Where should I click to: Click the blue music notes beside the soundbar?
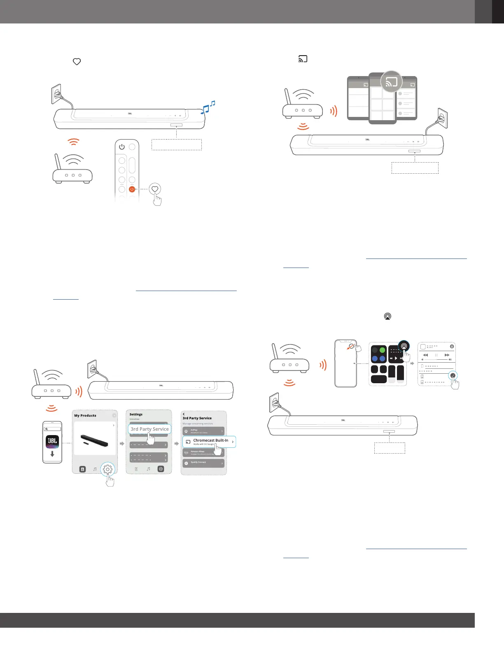point(208,107)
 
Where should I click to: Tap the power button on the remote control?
point(122,147)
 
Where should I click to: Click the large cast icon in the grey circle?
point(391,82)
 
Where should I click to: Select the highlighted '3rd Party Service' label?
point(149,429)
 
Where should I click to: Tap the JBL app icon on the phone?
point(52,442)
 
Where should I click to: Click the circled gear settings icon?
point(107,469)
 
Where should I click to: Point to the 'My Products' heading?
point(85,416)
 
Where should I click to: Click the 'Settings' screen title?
point(136,414)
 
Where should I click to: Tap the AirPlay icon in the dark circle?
point(404,346)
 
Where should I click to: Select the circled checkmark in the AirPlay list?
point(453,375)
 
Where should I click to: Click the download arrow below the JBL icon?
point(52,454)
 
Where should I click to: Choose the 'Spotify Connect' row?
point(203,463)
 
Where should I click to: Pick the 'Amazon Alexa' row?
point(203,452)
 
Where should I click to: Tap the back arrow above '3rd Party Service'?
point(184,414)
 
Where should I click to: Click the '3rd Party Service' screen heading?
point(197,418)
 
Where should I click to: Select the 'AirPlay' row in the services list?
point(203,431)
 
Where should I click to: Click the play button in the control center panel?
point(396,359)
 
